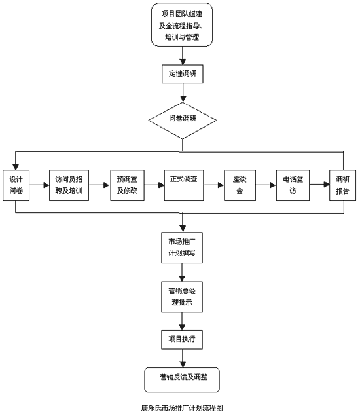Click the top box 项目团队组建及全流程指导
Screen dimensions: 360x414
click(182, 25)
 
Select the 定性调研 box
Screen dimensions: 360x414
click(183, 73)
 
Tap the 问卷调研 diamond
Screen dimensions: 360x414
click(183, 121)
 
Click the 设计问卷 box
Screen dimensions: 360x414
click(16, 185)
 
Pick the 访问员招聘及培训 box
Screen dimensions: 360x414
click(69, 185)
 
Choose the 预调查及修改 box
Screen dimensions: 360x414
click(128, 185)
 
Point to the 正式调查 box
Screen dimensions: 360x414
click(184, 185)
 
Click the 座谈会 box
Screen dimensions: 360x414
click(240, 185)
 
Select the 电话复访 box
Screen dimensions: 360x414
click(293, 185)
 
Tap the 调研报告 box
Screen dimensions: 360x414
click(343, 185)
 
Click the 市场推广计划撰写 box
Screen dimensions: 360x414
click(182, 248)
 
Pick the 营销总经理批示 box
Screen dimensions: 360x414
click(182, 297)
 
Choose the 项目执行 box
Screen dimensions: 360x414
click(182, 339)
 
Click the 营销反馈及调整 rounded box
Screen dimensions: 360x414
click(182, 380)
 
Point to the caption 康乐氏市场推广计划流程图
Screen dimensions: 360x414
click(182, 408)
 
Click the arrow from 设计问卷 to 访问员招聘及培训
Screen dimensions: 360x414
click(39, 185)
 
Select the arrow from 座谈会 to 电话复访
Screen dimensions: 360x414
click(266, 185)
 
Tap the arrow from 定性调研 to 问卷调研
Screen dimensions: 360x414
click(183, 92)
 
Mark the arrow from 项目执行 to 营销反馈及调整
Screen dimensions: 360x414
click(182, 358)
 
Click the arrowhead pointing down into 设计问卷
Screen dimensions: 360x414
click(16, 167)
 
